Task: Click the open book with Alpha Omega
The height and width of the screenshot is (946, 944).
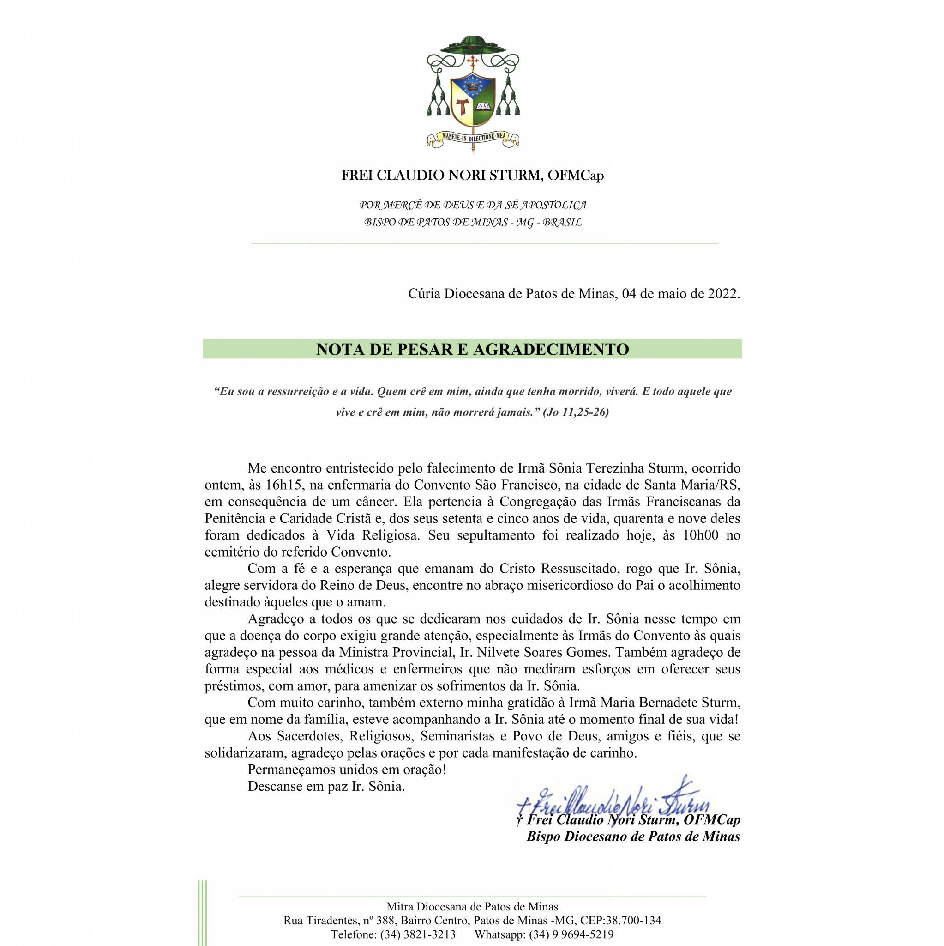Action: tap(484, 106)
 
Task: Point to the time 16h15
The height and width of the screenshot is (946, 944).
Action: tap(285, 485)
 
